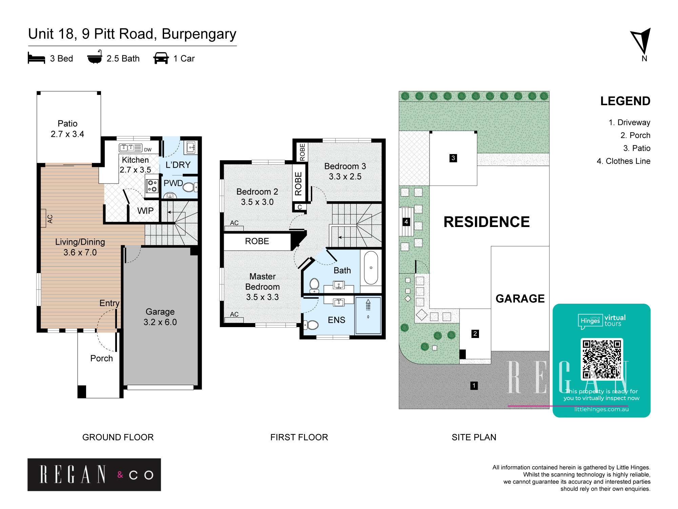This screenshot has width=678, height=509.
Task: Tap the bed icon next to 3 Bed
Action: click(36, 58)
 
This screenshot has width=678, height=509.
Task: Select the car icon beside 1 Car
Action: click(161, 58)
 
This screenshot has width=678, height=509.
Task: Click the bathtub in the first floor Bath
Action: click(371, 268)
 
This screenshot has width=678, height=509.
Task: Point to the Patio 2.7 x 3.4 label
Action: click(67, 129)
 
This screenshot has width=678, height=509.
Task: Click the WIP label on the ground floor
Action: click(145, 211)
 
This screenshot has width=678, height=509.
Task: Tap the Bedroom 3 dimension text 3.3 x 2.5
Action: click(345, 176)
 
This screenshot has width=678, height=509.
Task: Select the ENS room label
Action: click(337, 320)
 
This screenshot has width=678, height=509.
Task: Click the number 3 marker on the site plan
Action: click(453, 158)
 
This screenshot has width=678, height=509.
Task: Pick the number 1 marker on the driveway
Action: click(474, 385)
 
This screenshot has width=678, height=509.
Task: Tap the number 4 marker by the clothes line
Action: click(406, 222)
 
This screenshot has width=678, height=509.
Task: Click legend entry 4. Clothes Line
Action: click(623, 161)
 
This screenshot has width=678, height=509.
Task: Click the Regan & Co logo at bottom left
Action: click(94, 475)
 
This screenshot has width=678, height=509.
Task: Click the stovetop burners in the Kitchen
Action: click(152, 186)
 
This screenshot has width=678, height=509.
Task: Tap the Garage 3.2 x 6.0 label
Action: click(160, 317)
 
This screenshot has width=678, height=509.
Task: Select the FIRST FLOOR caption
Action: click(299, 437)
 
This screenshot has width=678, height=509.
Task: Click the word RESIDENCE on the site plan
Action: click(487, 222)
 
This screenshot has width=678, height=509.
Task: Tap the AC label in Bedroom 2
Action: click(234, 223)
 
